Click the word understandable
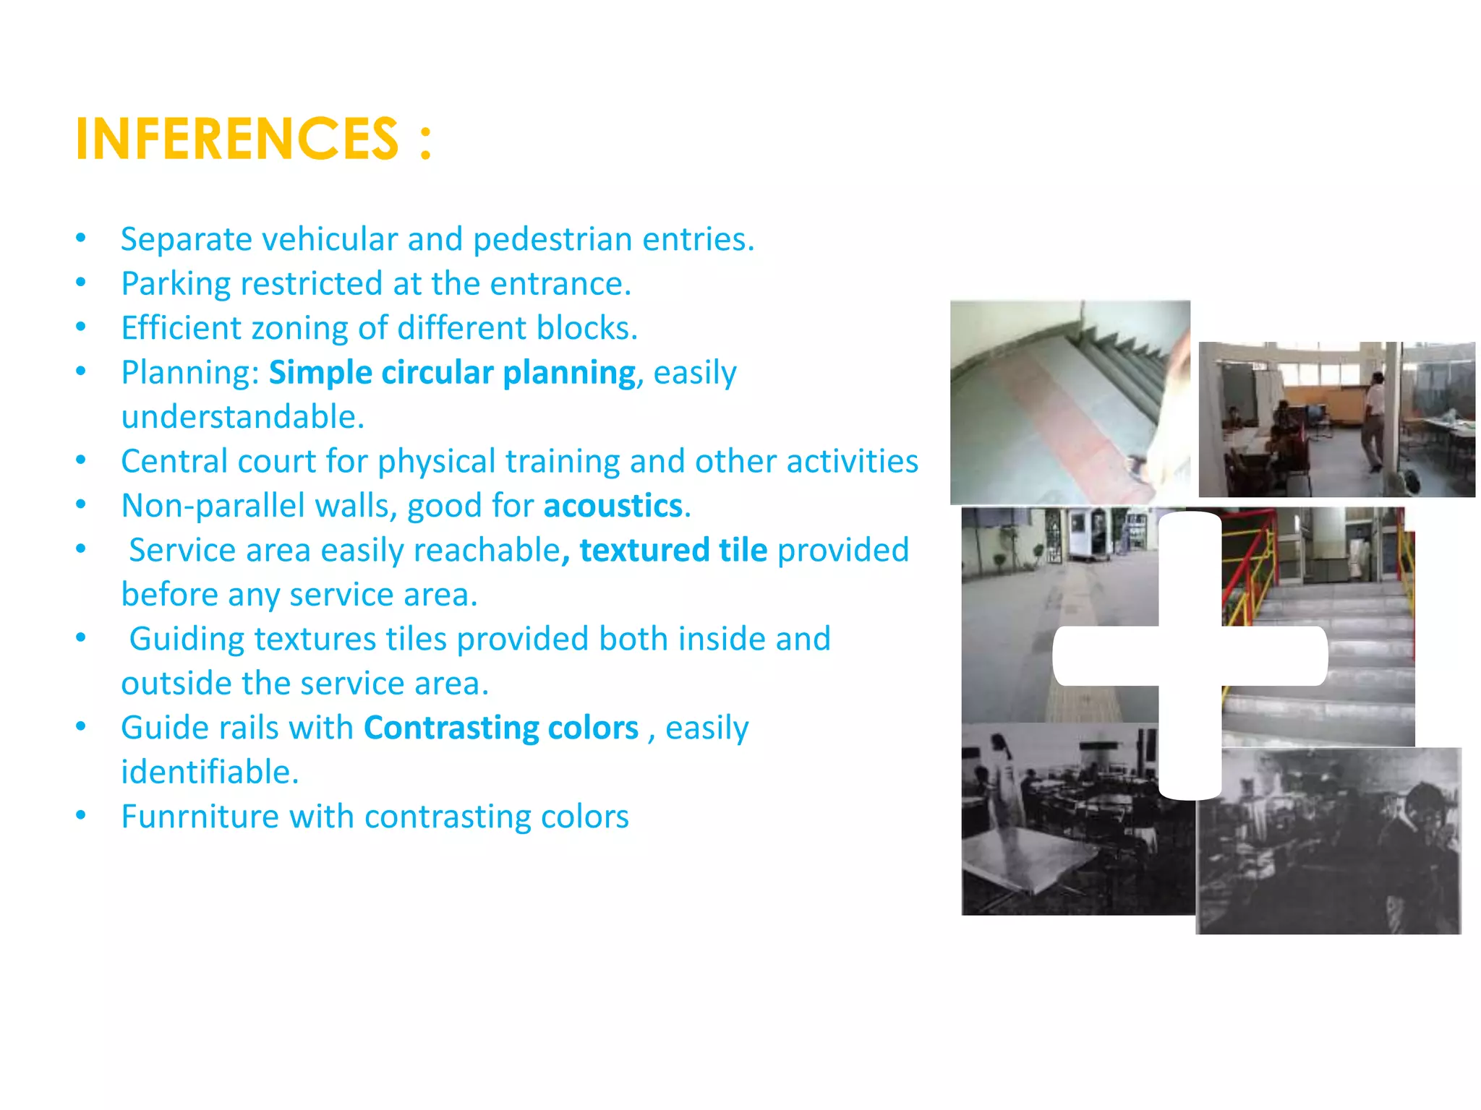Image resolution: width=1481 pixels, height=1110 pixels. pyautogui.click(x=242, y=417)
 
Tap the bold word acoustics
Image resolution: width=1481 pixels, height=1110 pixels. pyautogui.click(x=613, y=506)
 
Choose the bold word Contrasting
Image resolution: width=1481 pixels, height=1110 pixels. pyautogui.click(x=452, y=728)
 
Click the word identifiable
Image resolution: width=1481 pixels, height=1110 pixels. pyautogui.click(x=209, y=772)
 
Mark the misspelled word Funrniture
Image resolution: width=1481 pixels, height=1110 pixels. pyautogui.click(x=200, y=817)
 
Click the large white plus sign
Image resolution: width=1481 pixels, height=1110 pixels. pyautogui.click(x=1190, y=655)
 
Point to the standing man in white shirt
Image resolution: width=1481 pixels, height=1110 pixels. pyautogui.click(x=1374, y=419)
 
